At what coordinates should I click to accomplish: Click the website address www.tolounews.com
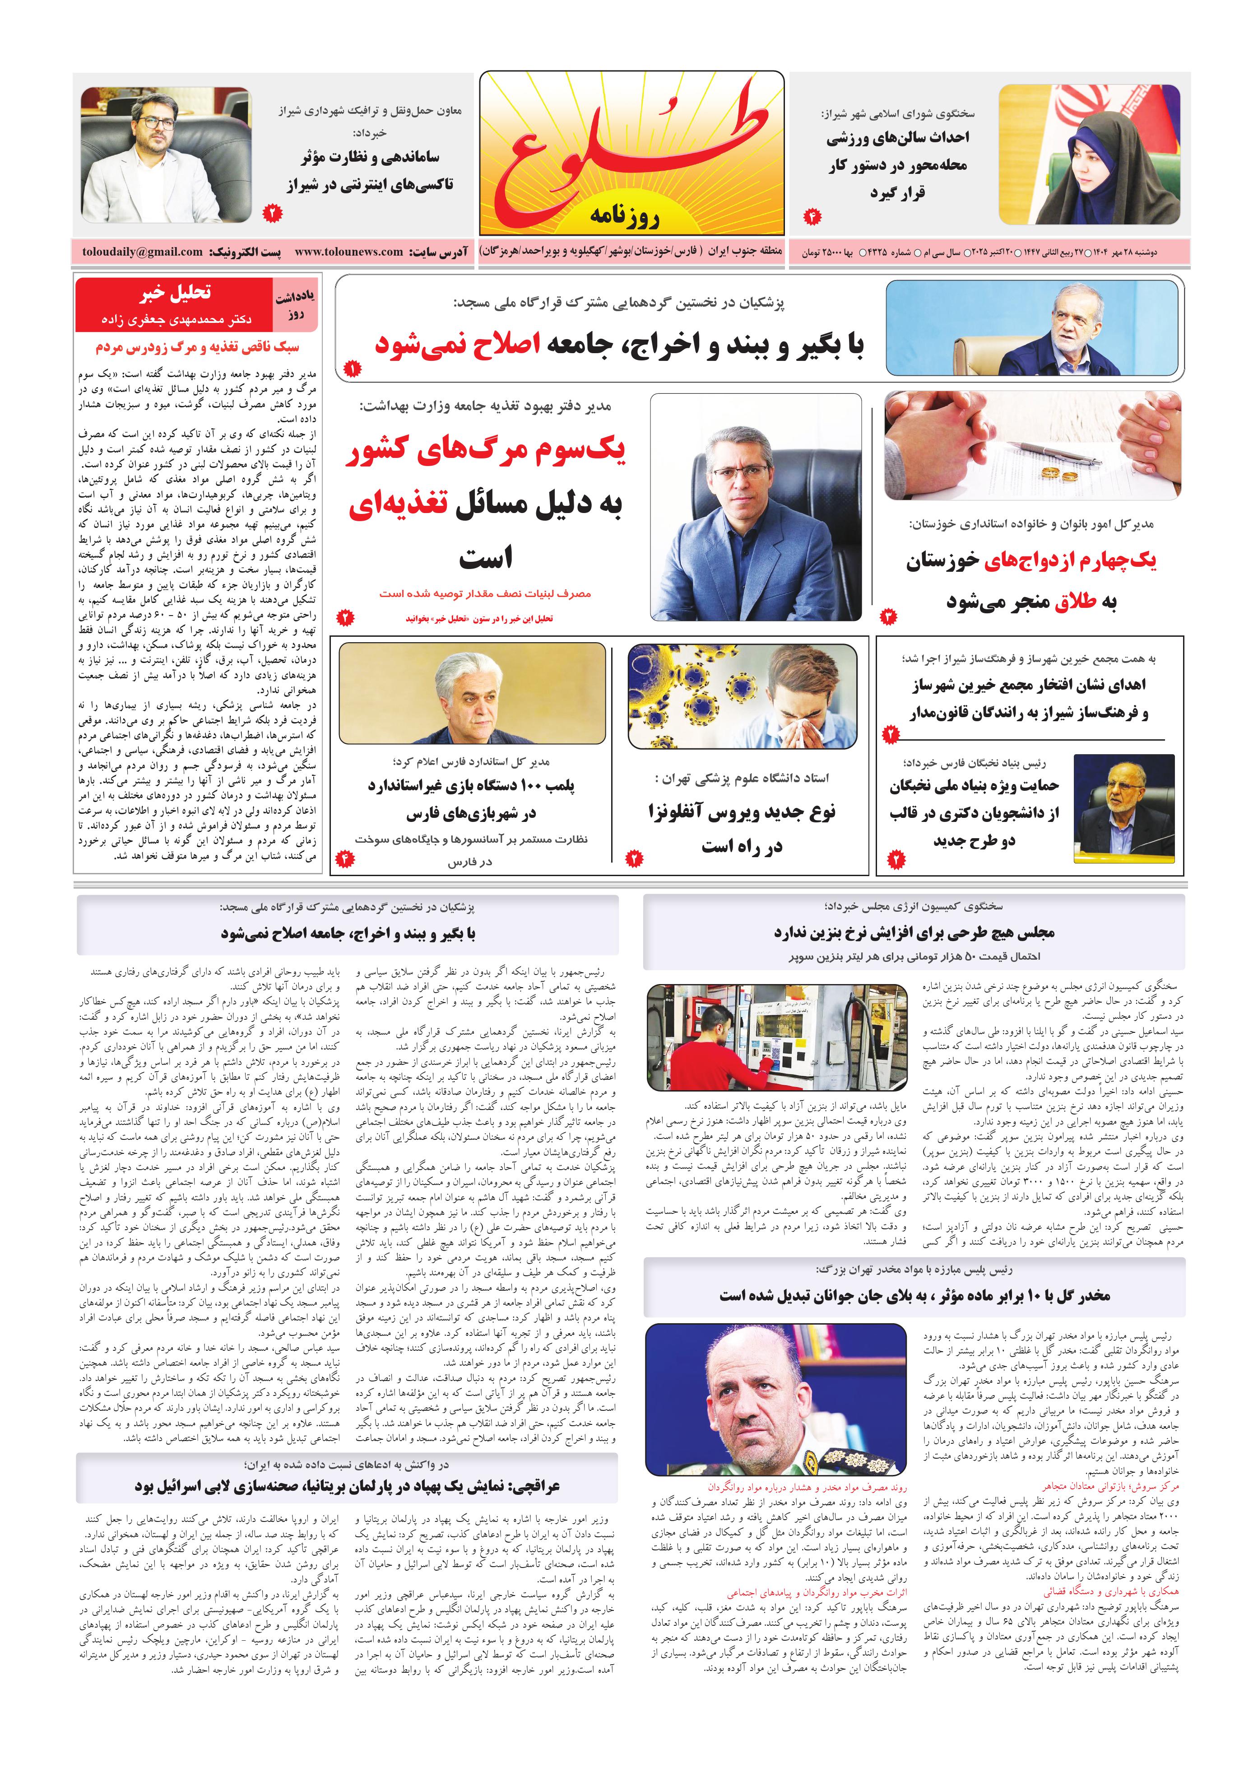[349, 252]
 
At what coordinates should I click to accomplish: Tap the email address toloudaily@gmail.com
[143, 252]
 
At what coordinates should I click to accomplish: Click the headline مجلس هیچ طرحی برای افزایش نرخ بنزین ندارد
[914, 933]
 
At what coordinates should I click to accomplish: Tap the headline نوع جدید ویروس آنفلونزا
[742, 812]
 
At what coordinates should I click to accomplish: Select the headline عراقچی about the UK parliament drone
[347, 1487]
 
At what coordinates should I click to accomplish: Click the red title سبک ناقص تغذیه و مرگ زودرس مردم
[197, 347]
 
